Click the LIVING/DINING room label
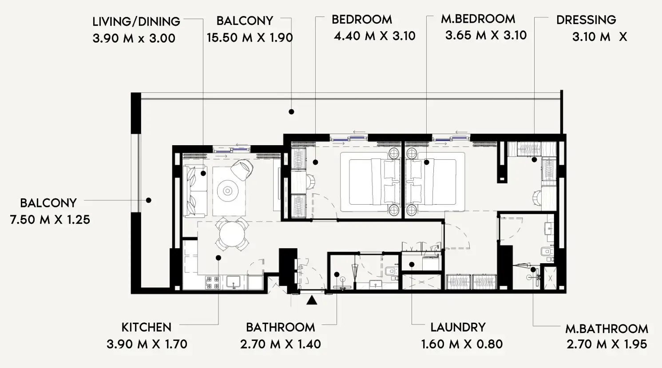[x=136, y=21]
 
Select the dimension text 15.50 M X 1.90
[x=250, y=38]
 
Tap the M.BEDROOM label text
[x=478, y=19]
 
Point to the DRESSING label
[x=586, y=20]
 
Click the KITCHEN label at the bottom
[x=146, y=328]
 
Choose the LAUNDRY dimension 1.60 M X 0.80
[x=462, y=344]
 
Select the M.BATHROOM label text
[x=607, y=329]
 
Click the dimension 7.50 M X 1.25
[x=50, y=220]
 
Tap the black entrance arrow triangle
[x=312, y=301]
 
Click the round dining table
[x=232, y=233]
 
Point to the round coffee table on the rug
[x=228, y=191]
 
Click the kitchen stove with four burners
[x=212, y=283]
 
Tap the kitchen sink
[x=233, y=282]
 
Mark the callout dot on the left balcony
[x=149, y=200]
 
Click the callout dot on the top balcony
[x=291, y=112]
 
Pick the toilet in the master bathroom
[x=546, y=252]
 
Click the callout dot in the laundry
[x=412, y=265]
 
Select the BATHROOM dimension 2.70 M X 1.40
[x=280, y=344]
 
